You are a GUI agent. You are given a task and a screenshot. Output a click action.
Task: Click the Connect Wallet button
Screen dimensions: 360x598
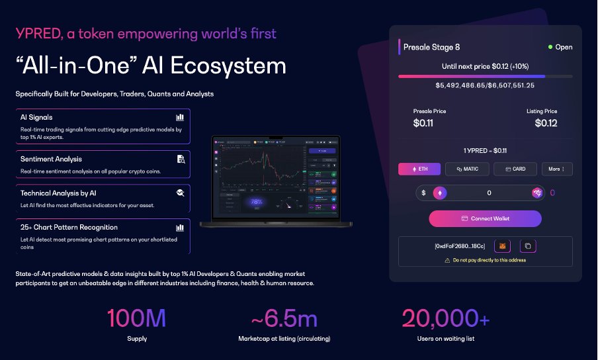485,218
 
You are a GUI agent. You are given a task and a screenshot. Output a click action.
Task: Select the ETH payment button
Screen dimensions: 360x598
419,169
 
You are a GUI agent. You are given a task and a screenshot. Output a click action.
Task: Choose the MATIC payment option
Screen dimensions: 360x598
466,169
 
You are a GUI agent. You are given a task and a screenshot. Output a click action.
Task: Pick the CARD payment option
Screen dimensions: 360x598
515,169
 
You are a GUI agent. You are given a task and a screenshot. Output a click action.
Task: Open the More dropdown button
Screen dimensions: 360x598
556,169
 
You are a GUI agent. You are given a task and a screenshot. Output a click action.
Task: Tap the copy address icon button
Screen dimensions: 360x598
528,246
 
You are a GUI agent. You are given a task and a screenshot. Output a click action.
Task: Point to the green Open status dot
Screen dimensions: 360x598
550,47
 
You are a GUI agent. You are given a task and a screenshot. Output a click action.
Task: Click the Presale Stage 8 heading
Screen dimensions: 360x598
432,47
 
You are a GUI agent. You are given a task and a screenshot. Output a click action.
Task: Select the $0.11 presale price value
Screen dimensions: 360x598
423,122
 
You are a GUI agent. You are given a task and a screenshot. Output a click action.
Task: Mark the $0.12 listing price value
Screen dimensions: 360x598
546,122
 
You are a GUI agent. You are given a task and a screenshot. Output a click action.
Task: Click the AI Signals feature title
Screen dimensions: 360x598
36,117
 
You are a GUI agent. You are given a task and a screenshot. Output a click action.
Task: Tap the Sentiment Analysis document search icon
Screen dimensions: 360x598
181,159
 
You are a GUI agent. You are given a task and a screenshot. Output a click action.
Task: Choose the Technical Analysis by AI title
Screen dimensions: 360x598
58,193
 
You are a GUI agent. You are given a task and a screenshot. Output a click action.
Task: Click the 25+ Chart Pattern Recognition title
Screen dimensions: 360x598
69,227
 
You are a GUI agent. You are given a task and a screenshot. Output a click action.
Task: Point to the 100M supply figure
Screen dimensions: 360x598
136,319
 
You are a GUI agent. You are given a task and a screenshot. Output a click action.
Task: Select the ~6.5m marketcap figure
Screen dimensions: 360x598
284,319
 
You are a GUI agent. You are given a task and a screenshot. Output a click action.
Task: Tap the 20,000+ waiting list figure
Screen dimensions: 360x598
445,319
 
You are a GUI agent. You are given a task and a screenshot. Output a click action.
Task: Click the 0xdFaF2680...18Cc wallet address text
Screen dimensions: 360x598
460,246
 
